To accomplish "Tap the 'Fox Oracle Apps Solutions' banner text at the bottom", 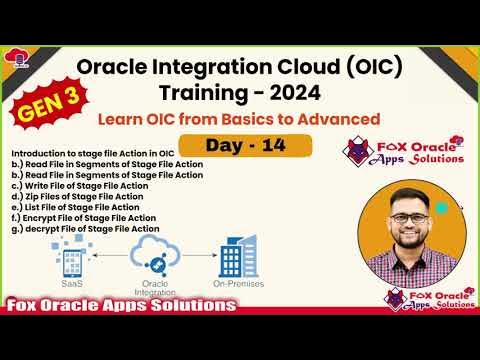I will [115, 304].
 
